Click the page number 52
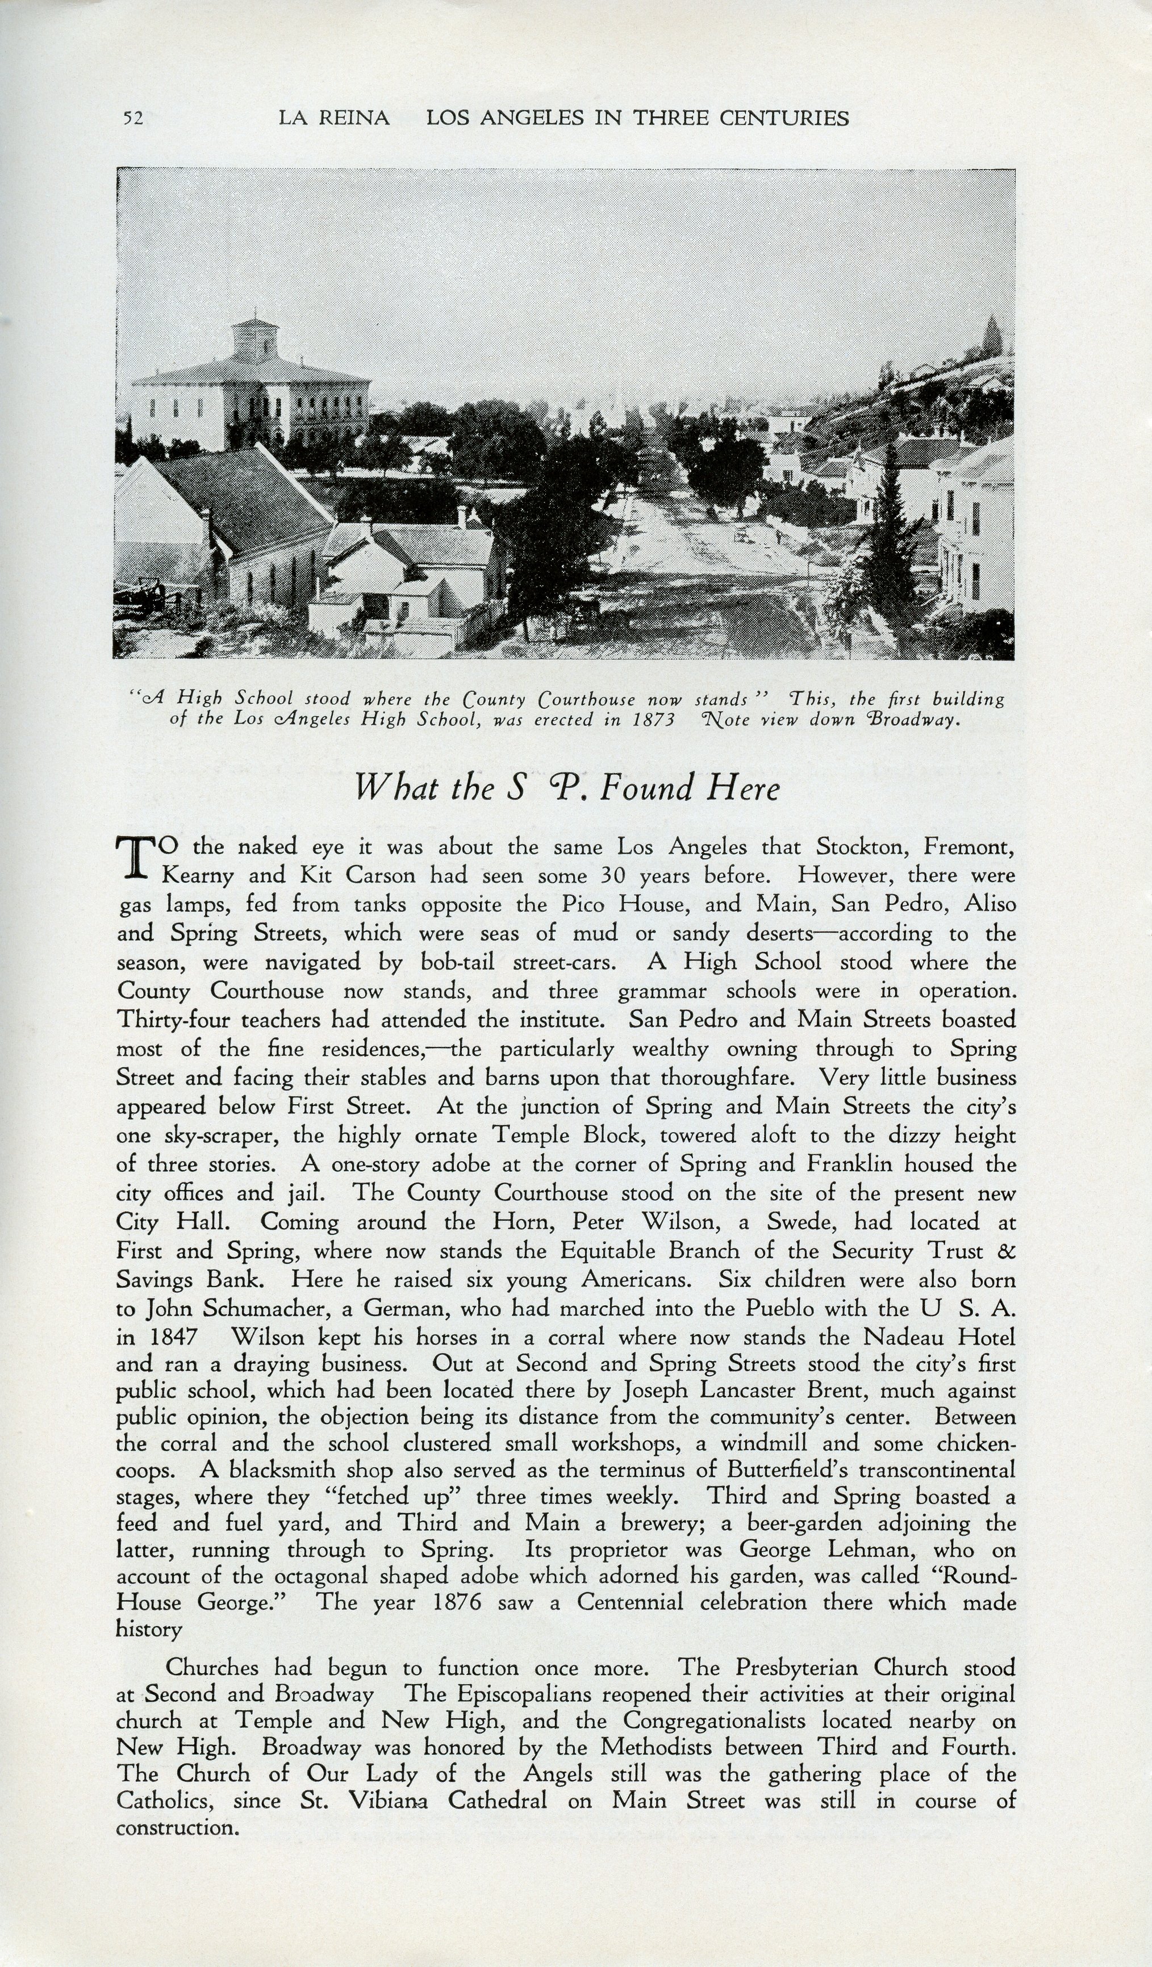[133, 119]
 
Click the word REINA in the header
[356, 118]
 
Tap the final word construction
[177, 1828]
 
